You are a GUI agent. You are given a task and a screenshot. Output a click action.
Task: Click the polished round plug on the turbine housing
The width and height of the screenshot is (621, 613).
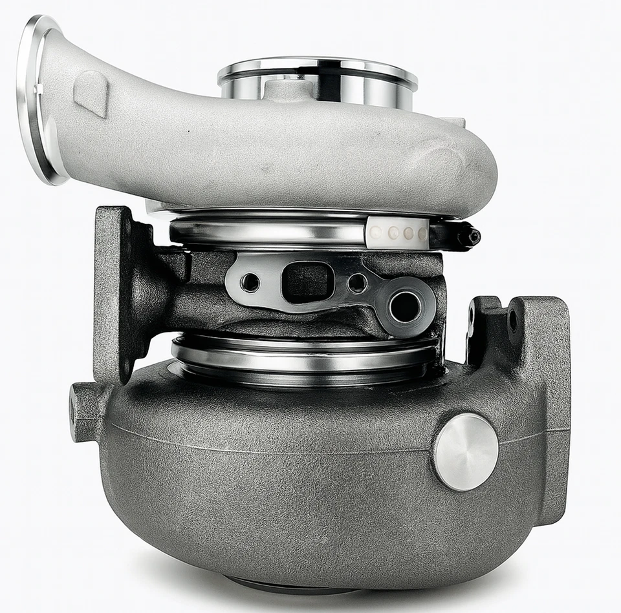(466, 452)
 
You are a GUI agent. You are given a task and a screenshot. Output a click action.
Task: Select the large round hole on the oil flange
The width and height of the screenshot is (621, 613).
(406, 306)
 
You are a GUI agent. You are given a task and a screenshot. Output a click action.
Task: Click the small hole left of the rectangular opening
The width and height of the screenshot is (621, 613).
(250, 282)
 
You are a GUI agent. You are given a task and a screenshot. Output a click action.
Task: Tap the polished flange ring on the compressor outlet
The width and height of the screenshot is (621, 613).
(39, 97)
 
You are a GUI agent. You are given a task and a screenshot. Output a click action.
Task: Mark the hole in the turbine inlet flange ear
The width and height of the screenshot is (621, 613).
(512, 320)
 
